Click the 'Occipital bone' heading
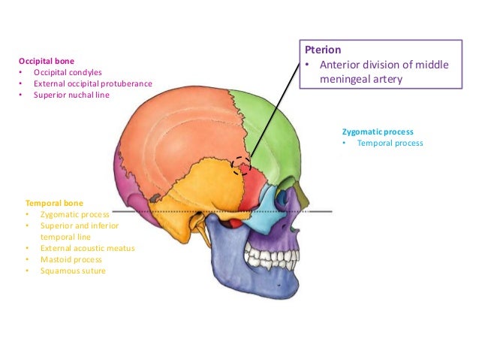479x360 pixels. coord(47,59)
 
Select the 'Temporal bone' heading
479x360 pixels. coord(54,203)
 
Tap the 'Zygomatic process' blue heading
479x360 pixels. coord(378,132)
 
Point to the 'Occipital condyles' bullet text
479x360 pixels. coord(67,71)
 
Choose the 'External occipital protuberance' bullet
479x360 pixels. coord(92,83)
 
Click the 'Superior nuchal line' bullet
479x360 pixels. coord(71,95)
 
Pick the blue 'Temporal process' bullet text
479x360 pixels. coord(390,143)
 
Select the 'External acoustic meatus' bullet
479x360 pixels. coord(88,247)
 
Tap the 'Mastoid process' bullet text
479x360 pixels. coord(71,259)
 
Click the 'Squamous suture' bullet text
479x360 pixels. coord(73,271)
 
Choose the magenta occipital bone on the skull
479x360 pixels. coord(124,180)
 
